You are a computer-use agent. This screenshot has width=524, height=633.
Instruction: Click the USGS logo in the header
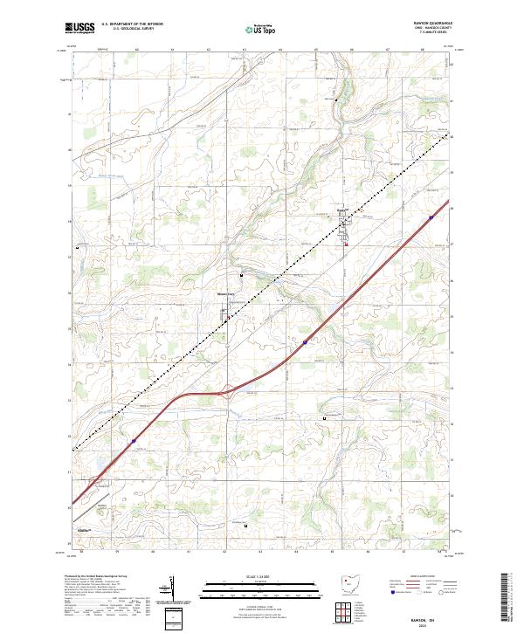pos(79,29)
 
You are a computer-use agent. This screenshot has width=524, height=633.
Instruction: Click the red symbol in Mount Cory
pos(229,320)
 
